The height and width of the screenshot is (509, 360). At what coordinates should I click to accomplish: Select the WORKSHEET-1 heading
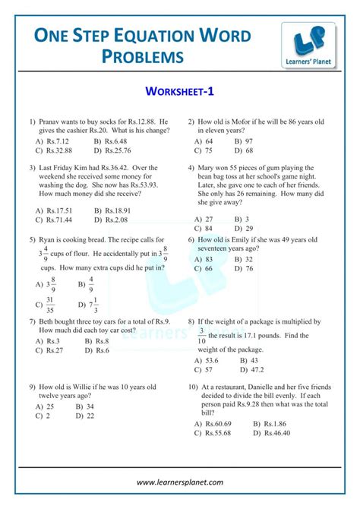[179, 93]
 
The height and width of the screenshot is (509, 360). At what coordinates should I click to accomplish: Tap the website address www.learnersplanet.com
[180, 482]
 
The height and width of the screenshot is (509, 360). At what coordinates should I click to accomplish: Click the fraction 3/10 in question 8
[202, 336]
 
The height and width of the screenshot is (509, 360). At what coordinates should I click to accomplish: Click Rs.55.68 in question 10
[216, 432]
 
